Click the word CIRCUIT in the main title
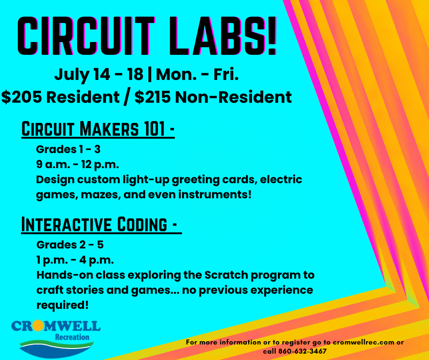(x=86, y=36)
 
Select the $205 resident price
(x=60, y=97)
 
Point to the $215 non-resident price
(x=213, y=97)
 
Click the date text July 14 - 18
(x=99, y=74)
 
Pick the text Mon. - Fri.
(x=197, y=74)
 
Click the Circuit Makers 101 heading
(x=98, y=129)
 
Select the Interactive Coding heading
(x=101, y=225)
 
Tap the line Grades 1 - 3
(x=68, y=149)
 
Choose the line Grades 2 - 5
(x=70, y=245)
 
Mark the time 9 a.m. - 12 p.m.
(x=78, y=165)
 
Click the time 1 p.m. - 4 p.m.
(x=75, y=260)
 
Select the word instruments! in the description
(x=215, y=195)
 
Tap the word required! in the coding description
(x=63, y=305)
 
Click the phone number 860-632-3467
(x=303, y=351)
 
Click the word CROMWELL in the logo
(x=56, y=326)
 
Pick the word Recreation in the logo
(x=72, y=337)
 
